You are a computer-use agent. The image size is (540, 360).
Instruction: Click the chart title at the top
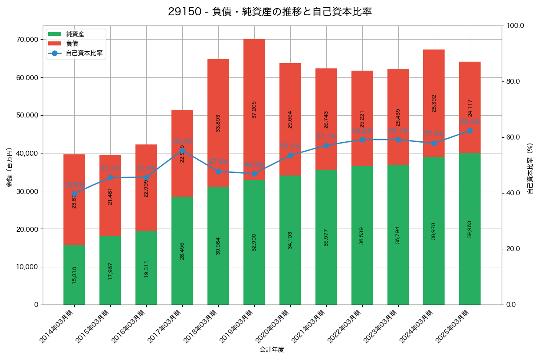[270, 12]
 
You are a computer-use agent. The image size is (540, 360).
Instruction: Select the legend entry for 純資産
[75, 34]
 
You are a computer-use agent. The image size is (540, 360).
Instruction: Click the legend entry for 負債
[72, 44]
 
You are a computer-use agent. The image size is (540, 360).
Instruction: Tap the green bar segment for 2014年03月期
[74, 274]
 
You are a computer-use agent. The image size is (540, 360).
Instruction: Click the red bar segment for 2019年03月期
[254, 109]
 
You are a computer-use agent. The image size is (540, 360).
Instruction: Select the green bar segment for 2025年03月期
[470, 229]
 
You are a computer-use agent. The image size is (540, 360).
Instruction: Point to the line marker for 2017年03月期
[182, 151]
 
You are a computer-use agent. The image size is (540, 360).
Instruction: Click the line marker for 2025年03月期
[470, 130]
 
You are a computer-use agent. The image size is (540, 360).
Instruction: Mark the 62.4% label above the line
[470, 121]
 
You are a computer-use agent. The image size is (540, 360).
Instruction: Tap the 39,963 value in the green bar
[470, 229]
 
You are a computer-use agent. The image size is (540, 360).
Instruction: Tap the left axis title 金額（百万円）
[9, 167]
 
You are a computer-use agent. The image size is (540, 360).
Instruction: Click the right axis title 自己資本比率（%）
[530, 168]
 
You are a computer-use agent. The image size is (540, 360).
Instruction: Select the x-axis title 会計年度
[272, 350]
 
